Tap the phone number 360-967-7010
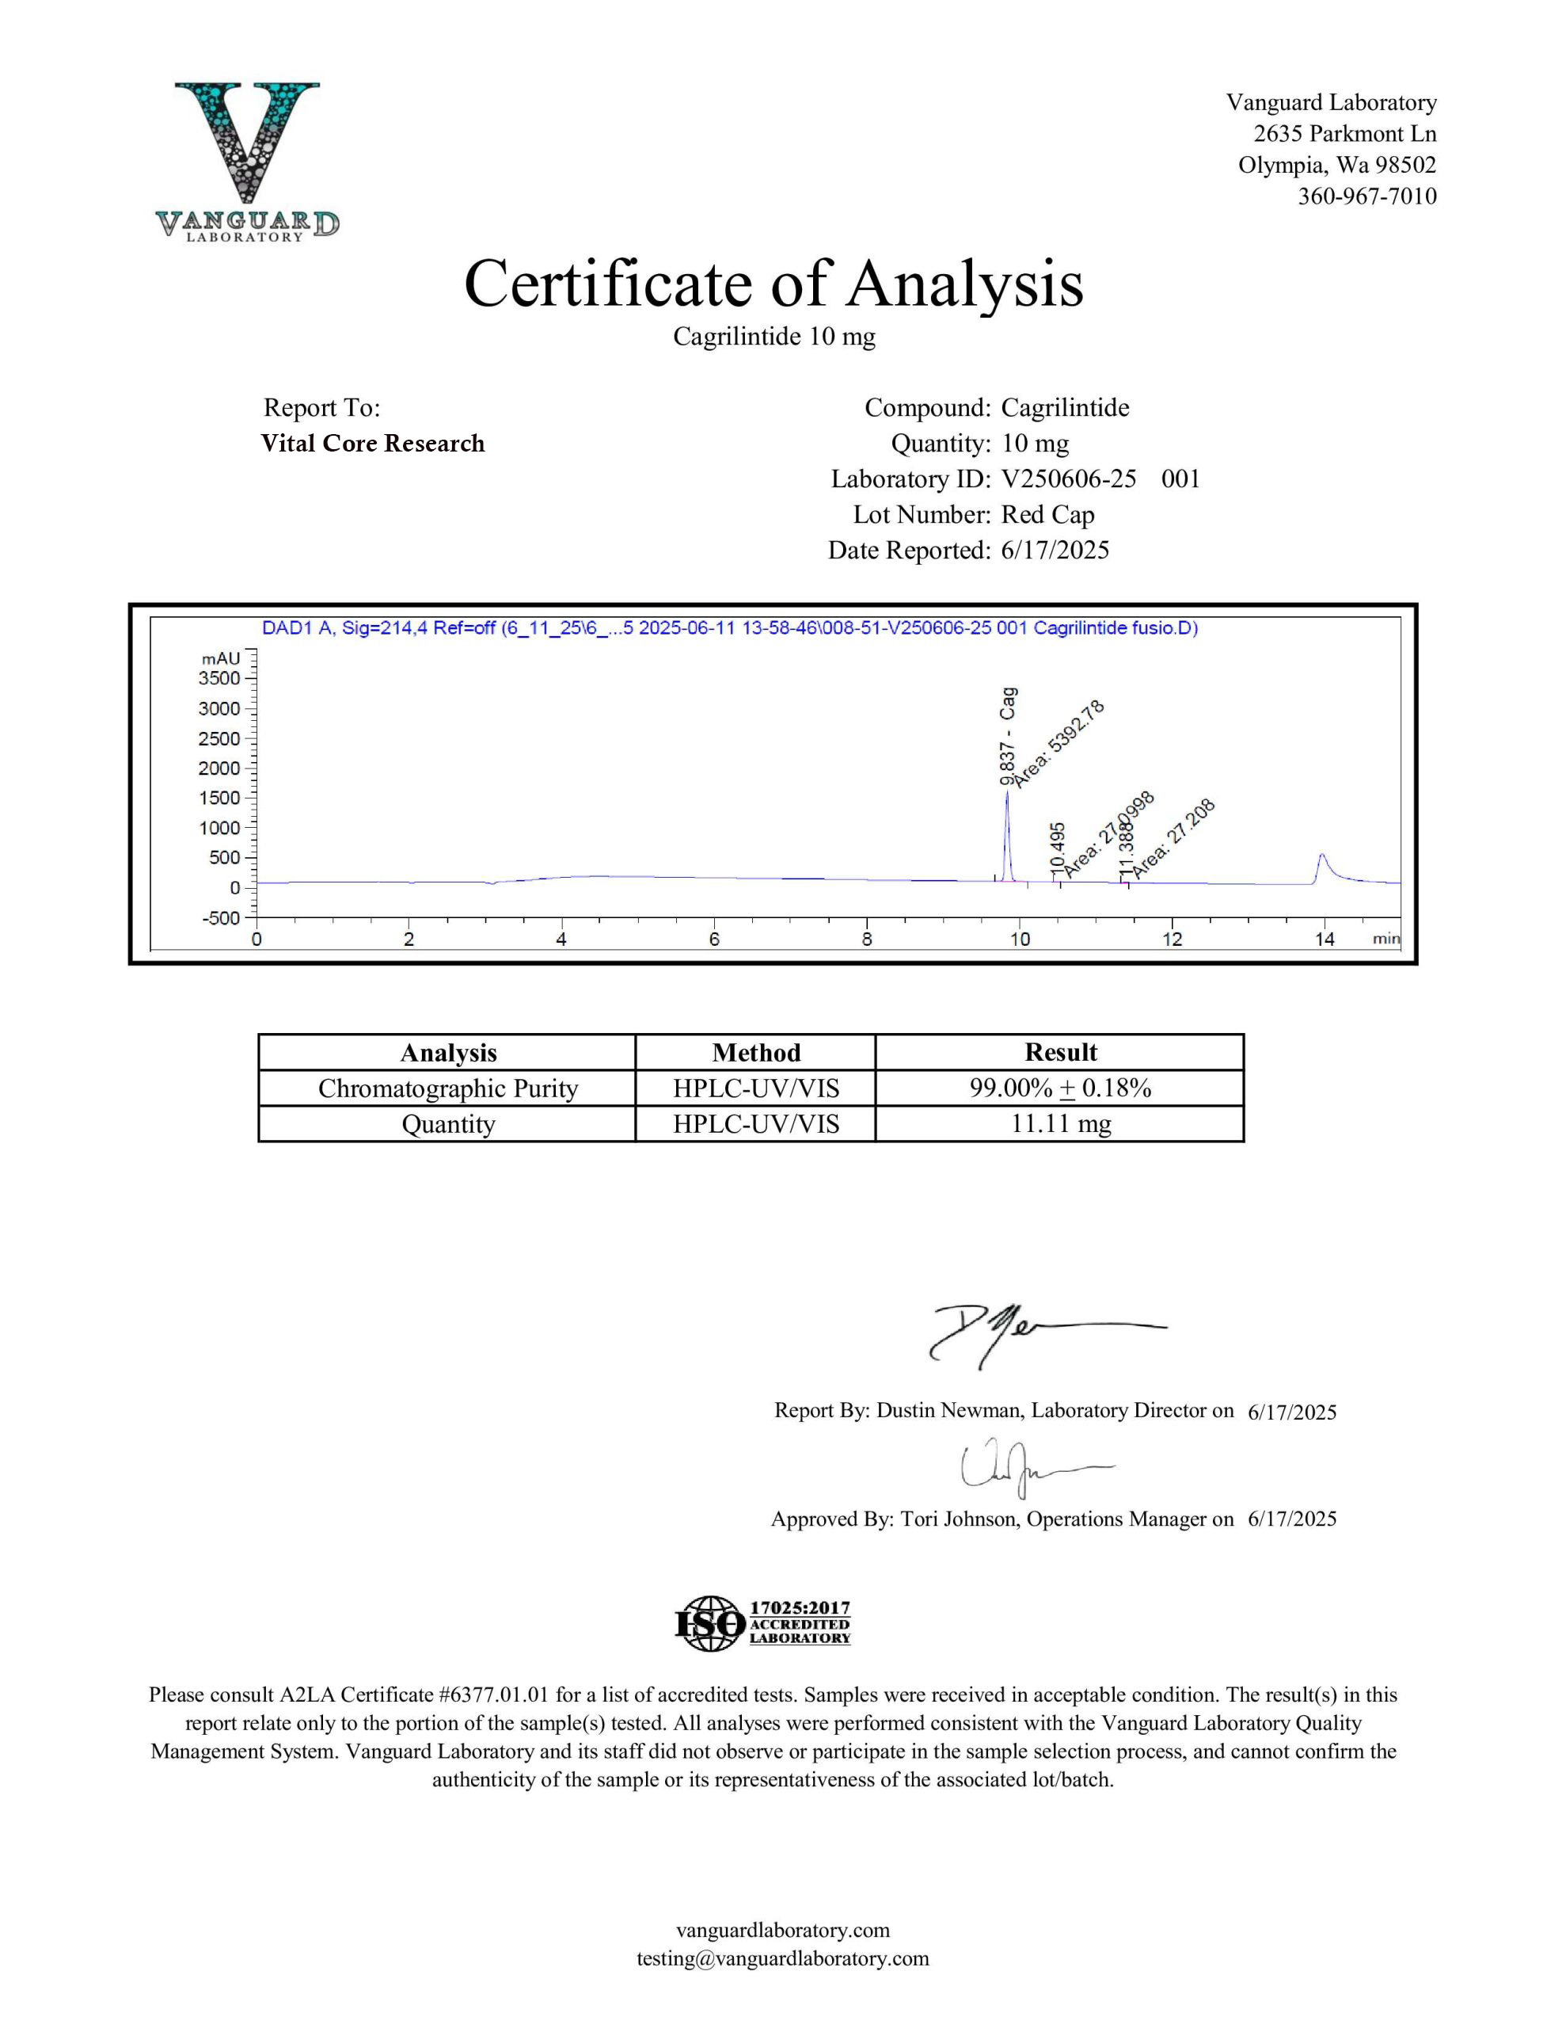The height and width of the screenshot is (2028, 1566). click(1366, 196)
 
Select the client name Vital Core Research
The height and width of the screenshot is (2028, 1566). click(372, 443)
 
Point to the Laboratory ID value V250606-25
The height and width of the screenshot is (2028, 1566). click(1069, 478)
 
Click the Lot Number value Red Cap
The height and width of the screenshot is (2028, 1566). click(1047, 514)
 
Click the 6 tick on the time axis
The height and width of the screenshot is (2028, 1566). click(714, 939)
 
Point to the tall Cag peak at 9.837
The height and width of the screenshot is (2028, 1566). click(1006, 836)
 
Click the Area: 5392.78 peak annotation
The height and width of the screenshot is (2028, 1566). click(1059, 744)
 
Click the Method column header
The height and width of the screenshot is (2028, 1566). click(755, 1052)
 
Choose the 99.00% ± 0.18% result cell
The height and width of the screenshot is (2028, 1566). click(1060, 1088)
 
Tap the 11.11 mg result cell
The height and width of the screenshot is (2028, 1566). click(1060, 1123)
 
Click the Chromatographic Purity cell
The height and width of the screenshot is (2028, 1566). click(447, 1088)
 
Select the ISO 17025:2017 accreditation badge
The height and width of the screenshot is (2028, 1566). click(762, 1624)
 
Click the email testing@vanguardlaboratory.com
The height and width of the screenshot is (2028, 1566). click(782, 1958)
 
